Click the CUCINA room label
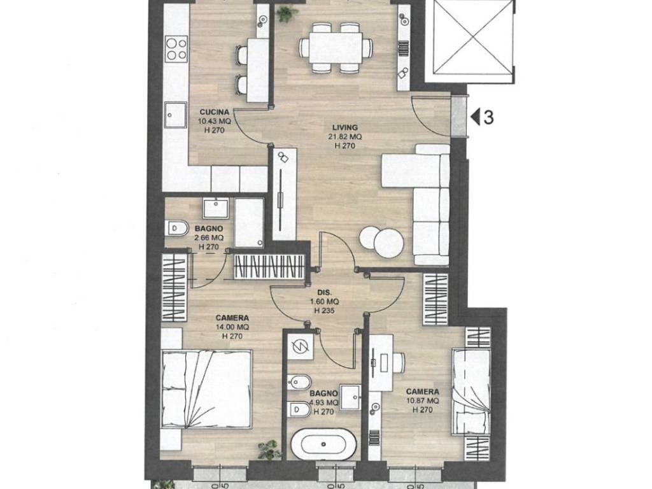pos(214,112)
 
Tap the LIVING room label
pos(344,127)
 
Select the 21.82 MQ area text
pos(344,137)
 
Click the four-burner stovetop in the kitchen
pos(176,48)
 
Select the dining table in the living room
pos(335,47)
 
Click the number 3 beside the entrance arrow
pos(488,118)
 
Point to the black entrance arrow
pos(476,117)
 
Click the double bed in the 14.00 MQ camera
pos(207,389)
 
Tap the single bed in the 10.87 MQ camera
pos(471,392)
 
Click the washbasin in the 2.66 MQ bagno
pos(215,208)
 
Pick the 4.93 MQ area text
pos(324,402)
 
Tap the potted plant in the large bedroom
pos(267,450)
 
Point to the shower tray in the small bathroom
pos(249,222)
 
